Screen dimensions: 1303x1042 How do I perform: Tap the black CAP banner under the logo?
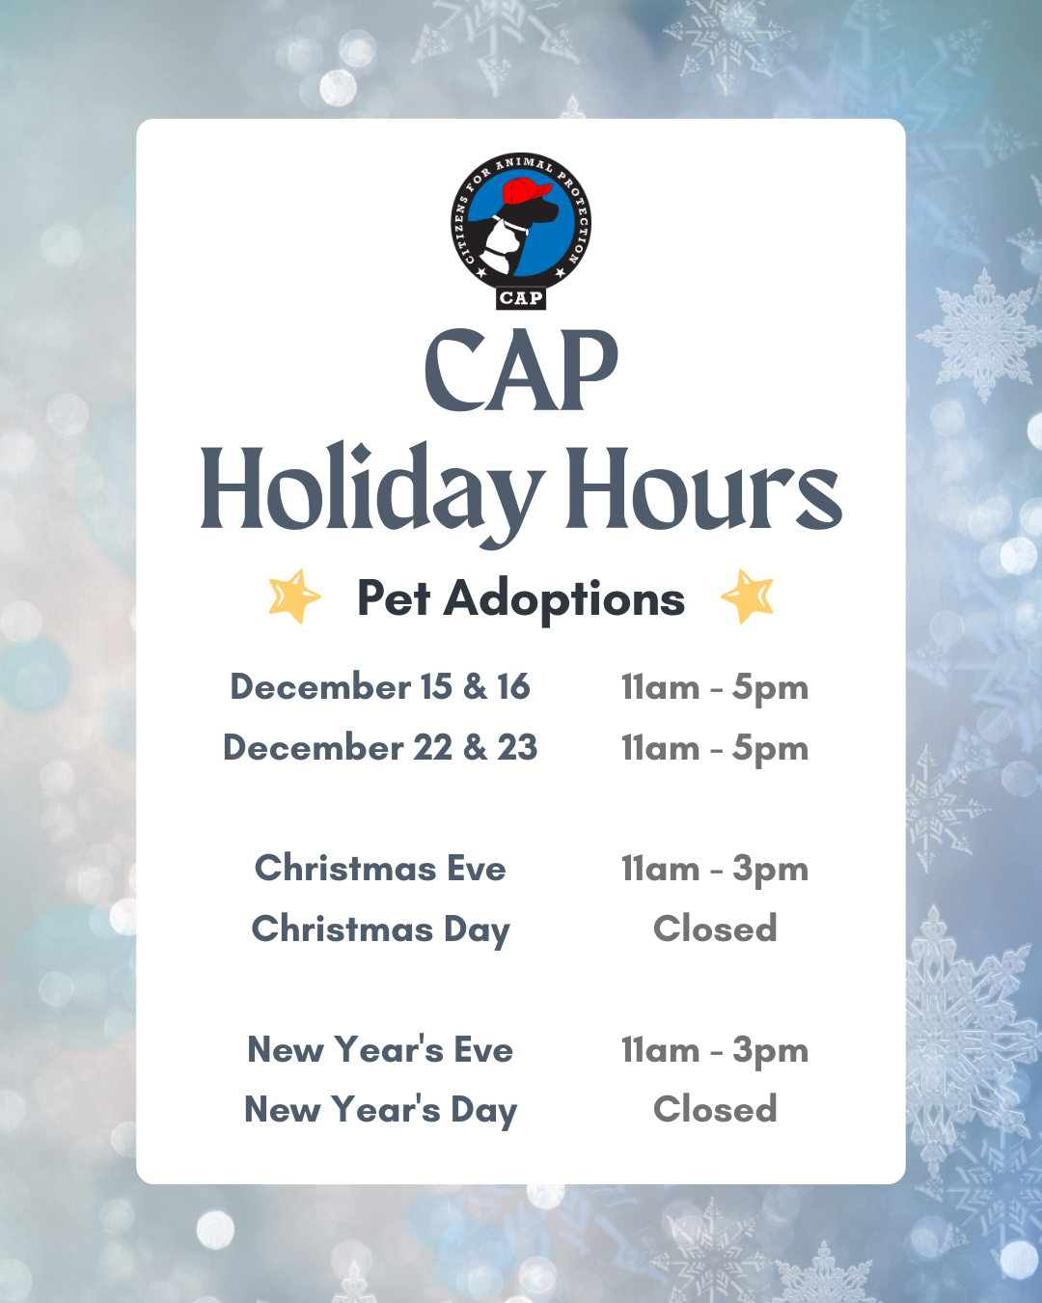pyautogui.click(x=521, y=298)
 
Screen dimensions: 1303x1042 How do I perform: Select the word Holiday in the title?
pyautogui.click(x=370, y=489)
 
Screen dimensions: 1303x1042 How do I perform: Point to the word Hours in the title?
pyautogui.click(x=702, y=489)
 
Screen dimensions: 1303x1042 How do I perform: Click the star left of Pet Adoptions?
pyautogui.click(x=294, y=596)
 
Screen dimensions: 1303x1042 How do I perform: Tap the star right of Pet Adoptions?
pyautogui.click(x=748, y=596)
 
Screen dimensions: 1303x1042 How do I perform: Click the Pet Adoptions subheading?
pyautogui.click(x=521, y=598)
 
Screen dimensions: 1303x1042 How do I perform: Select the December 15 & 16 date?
pyautogui.click(x=380, y=687)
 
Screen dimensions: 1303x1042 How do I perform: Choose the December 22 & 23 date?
pyautogui.click(x=380, y=748)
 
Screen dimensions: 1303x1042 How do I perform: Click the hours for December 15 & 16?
pyautogui.click(x=715, y=688)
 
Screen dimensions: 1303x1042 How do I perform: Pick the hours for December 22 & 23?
pyautogui.click(x=715, y=749)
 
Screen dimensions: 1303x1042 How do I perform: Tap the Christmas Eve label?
pyautogui.click(x=380, y=868)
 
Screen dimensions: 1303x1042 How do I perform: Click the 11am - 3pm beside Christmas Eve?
pyautogui.click(x=715, y=869)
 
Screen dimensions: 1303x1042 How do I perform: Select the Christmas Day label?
pyautogui.click(x=380, y=929)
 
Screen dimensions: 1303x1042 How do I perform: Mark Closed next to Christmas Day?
pyautogui.click(x=715, y=929)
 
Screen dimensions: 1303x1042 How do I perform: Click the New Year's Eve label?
pyautogui.click(x=380, y=1049)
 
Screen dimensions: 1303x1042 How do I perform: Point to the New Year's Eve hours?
pyautogui.click(x=715, y=1050)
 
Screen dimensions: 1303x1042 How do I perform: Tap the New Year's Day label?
pyautogui.click(x=380, y=1110)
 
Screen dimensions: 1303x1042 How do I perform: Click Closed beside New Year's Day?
pyautogui.click(x=715, y=1109)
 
